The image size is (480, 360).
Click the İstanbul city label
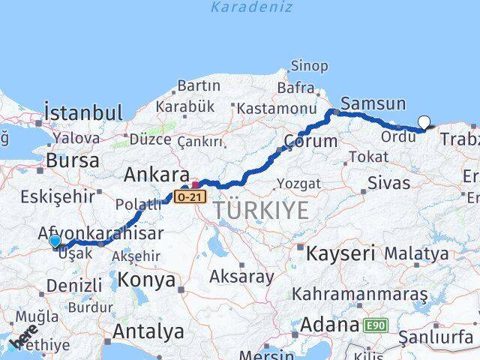click(x=82, y=113)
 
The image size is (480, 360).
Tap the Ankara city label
click(x=156, y=175)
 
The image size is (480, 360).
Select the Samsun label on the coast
click(x=373, y=104)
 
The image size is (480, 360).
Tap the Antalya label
click(x=148, y=331)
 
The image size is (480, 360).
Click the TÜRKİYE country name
click(x=260, y=211)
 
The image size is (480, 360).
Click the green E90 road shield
click(x=376, y=325)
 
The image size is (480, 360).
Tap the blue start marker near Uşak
click(x=55, y=241)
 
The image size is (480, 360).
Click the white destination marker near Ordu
click(x=424, y=121)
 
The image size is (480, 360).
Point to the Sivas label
click(x=389, y=183)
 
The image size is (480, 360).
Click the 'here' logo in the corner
click(x=25, y=339)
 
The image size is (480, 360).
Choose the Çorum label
click(x=310, y=140)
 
